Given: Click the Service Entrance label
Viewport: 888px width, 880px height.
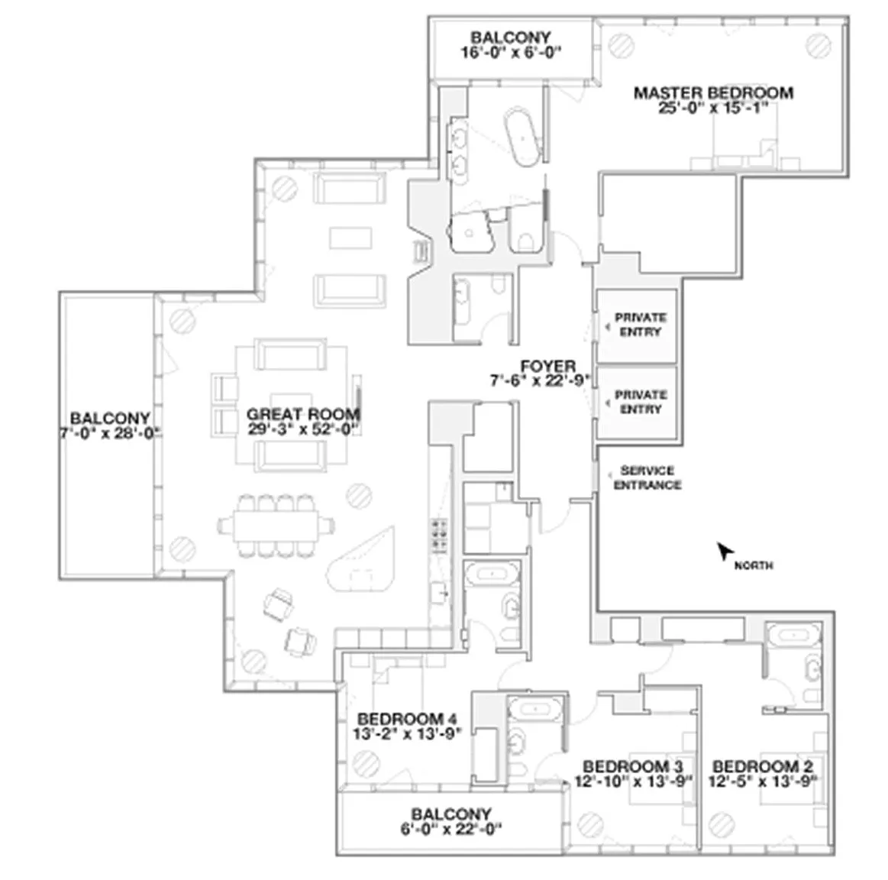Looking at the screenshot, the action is (x=647, y=477).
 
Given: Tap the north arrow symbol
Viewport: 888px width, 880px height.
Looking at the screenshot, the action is (x=725, y=551).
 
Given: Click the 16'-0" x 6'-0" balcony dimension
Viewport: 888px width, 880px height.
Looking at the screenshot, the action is (x=510, y=53).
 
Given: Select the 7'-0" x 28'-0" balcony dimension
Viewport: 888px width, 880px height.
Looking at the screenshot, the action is (x=110, y=433).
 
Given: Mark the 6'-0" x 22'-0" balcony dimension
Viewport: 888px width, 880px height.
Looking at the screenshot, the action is (x=451, y=830).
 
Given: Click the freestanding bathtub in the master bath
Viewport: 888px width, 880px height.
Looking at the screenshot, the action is (x=523, y=136).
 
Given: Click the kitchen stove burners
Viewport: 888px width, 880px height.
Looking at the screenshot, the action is (x=440, y=535).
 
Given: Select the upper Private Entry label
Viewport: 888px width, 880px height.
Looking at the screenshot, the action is (x=641, y=325).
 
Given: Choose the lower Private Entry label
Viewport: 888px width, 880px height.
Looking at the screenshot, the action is (x=641, y=402).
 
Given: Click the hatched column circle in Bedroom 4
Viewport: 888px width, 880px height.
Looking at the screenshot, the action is (x=366, y=763).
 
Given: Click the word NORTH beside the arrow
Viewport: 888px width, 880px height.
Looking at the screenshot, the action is (x=754, y=565).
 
